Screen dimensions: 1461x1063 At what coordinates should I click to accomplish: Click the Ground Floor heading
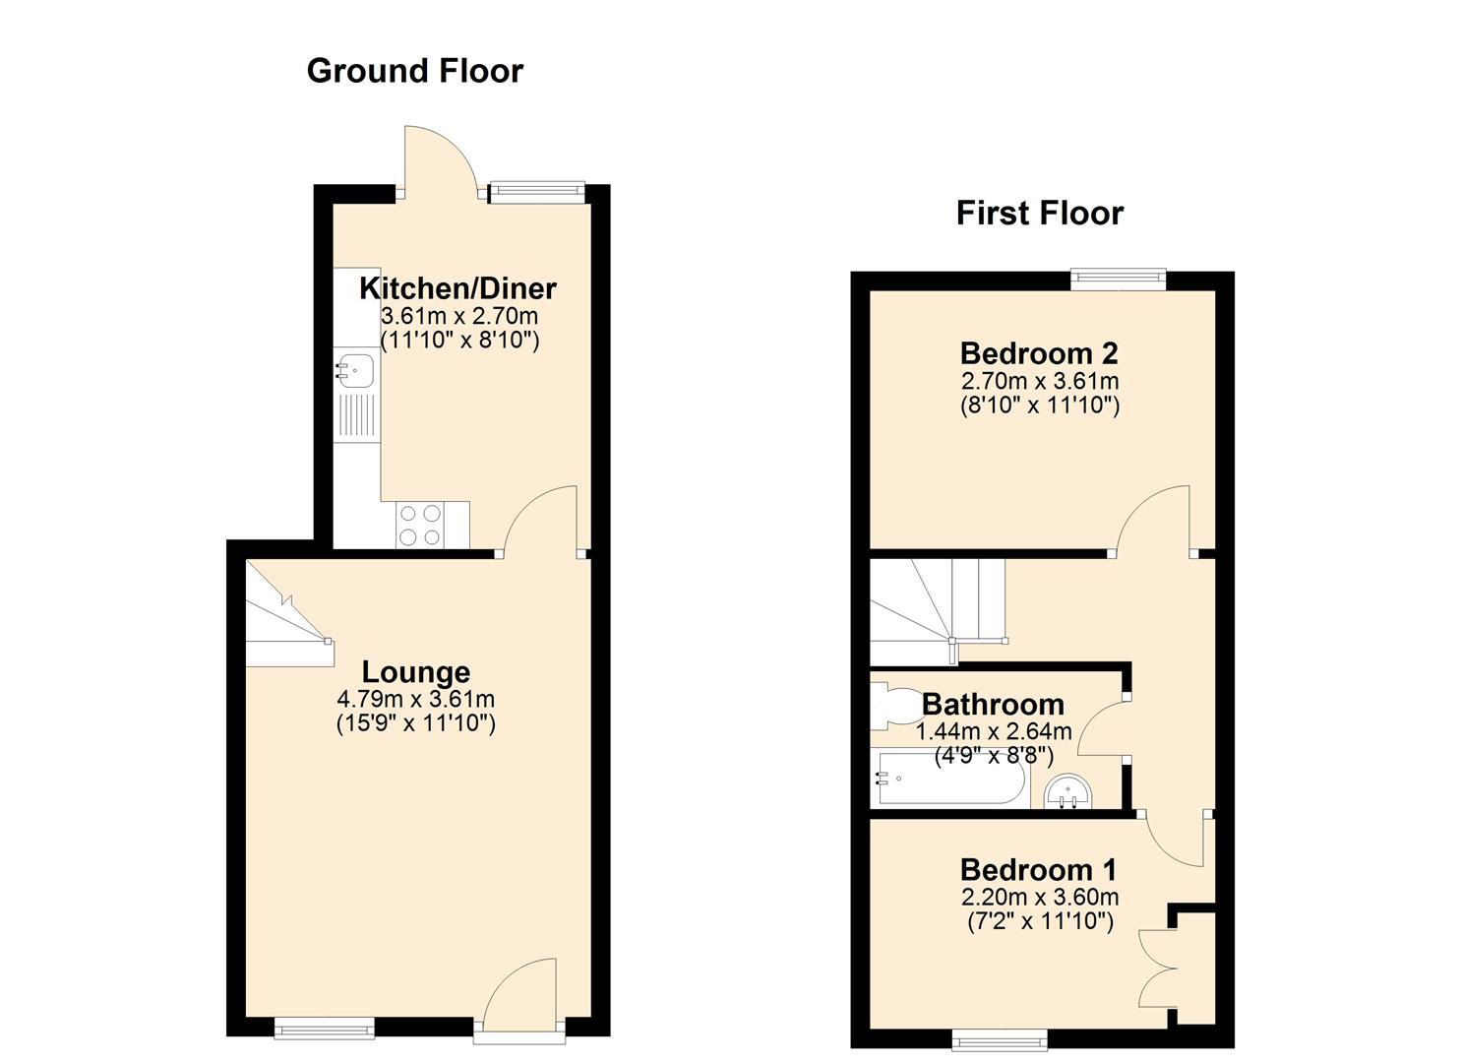pyautogui.click(x=415, y=71)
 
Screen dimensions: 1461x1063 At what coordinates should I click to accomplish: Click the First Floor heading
pyautogui.click(x=1040, y=213)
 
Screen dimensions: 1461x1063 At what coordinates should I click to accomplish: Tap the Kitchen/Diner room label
pyautogui.click(x=457, y=288)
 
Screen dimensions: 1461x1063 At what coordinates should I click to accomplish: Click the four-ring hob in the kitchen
pyautogui.click(x=419, y=526)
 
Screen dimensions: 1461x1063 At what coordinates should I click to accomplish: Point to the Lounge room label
pyautogui.click(x=415, y=672)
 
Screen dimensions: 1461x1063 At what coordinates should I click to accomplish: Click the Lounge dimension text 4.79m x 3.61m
pyautogui.click(x=415, y=699)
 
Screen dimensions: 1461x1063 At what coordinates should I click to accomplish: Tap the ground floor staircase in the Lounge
pyautogui.click(x=289, y=613)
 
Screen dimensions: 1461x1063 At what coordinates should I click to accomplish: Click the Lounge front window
pyautogui.click(x=324, y=1028)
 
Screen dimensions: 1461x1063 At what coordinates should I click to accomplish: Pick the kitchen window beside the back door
pyautogui.click(x=536, y=191)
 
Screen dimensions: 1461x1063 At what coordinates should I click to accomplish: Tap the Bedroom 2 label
pyautogui.click(x=1039, y=353)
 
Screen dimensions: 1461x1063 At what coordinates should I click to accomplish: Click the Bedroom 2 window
pyautogui.click(x=1118, y=280)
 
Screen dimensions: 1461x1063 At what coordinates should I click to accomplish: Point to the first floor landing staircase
pyautogui.click(x=938, y=611)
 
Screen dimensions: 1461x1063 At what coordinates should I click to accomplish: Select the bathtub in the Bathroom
pyautogui.click(x=951, y=779)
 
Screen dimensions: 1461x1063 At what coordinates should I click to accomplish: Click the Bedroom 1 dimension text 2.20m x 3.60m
pyautogui.click(x=1040, y=897)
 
